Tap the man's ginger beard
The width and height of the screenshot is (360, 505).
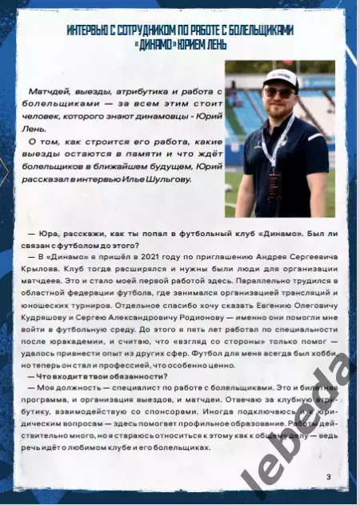coord(280,108)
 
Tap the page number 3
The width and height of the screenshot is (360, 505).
coord(328,478)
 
